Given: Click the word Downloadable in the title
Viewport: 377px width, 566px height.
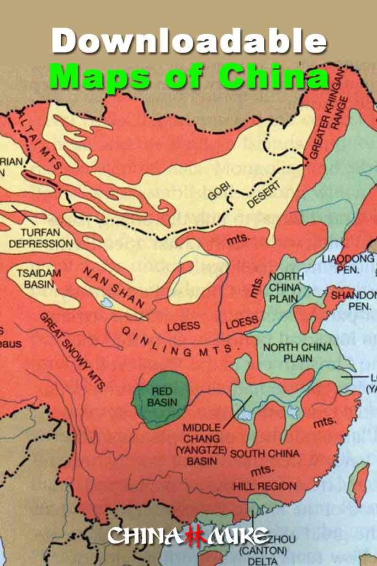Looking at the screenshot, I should [189, 41].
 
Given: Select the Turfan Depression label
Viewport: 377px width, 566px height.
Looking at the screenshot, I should [40, 238].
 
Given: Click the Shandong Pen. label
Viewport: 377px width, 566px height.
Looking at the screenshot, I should [353, 300].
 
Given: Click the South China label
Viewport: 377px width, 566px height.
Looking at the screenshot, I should [265, 454].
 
